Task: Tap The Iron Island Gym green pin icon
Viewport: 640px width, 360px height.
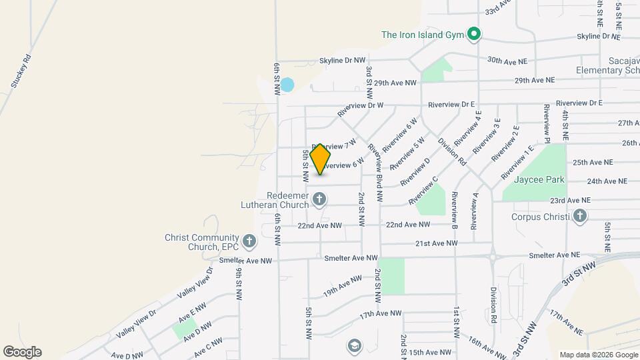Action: [474, 34]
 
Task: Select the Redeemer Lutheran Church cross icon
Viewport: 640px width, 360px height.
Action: [319, 198]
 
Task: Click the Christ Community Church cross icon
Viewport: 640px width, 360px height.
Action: [249, 240]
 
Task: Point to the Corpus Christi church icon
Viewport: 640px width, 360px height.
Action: [579, 216]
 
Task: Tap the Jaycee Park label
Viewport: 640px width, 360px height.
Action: [539, 179]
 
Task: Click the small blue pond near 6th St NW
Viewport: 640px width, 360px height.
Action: [287, 85]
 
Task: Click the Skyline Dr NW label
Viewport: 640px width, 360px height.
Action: [343, 60]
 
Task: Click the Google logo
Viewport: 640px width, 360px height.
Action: [22, 351]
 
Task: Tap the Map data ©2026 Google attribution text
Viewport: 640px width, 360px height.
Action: [598, 355]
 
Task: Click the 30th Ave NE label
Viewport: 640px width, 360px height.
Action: [507, 61]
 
